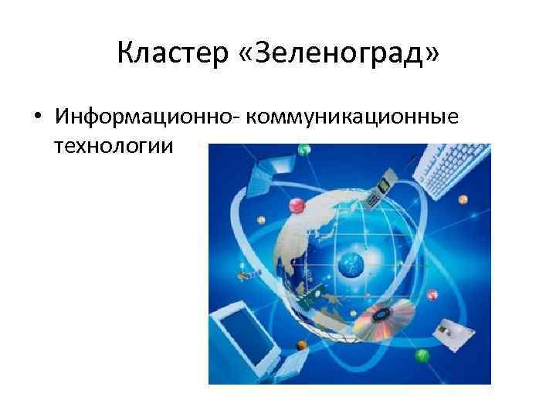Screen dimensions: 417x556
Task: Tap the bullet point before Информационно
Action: click(36, 117)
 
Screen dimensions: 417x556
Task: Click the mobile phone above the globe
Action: click(378, 190)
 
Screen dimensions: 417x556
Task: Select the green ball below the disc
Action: click(422, 355)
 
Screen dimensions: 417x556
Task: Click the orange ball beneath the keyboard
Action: click(463, 199)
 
